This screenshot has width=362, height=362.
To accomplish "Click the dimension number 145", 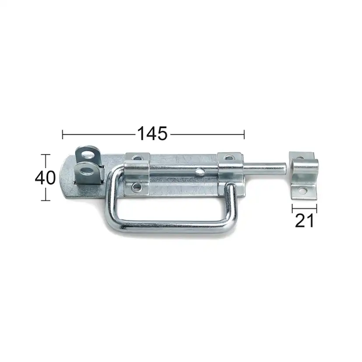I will [x=152, y=133].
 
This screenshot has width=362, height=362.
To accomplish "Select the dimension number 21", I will [x=304, y=221].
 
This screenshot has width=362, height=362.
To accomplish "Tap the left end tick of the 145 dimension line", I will [x=63, y=133].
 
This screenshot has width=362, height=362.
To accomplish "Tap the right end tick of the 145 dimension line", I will [x=244, y=133].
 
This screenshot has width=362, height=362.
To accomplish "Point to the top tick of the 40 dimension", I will [x=45, y=154].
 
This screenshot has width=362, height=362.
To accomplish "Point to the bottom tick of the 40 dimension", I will [x=45, y=201].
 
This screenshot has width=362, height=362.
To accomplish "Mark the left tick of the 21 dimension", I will [x=292, y=209].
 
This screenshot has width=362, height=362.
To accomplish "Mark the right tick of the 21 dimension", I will [x=317, y=209].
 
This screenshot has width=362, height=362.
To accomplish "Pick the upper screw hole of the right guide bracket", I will [x=228, y=158].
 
